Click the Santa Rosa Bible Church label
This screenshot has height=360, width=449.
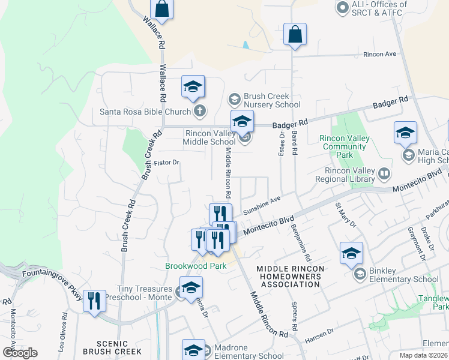tap(146, 112)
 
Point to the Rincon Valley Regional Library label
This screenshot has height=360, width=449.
tap(350, 175)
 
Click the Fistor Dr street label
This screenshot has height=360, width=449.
tap(166, 162)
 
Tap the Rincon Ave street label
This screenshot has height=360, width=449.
tap(380, 54)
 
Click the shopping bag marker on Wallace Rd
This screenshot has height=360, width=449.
tap(161, 8)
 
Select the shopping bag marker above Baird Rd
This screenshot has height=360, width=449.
tap(295, 34)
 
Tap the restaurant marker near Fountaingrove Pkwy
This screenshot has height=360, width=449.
tap(94, 301)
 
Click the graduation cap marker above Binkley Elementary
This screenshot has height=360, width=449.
tap(351, 253)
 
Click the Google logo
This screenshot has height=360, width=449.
tap(20, 353)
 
